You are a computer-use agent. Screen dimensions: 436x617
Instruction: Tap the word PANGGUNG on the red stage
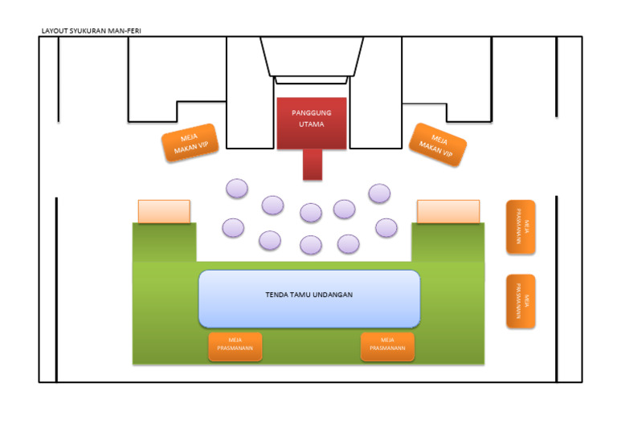(311, 113)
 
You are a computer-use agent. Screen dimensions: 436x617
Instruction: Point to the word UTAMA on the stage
(311, 124)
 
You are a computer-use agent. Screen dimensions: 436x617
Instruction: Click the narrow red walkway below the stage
(313, 164)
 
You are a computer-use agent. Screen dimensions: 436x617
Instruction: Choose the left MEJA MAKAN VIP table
(190, 143)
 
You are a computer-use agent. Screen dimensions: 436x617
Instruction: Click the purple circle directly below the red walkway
(311, 213)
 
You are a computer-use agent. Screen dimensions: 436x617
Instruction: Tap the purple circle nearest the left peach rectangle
(233, 227)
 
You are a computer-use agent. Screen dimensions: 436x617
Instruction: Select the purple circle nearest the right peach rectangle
(386, 227)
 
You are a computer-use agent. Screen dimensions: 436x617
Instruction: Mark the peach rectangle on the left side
(164, 211)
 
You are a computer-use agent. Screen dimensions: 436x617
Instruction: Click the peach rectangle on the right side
(448, 211)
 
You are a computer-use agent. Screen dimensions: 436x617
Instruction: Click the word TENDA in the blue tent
(276, 295)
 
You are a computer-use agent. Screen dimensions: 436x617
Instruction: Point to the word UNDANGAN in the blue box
(335, 295)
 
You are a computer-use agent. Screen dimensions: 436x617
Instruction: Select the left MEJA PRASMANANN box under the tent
(235, 346)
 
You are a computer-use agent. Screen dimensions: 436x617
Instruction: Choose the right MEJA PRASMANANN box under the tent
(388, 346)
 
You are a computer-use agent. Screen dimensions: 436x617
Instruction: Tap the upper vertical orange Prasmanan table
(521, 227)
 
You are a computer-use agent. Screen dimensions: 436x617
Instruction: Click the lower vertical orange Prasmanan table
(521, 301)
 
